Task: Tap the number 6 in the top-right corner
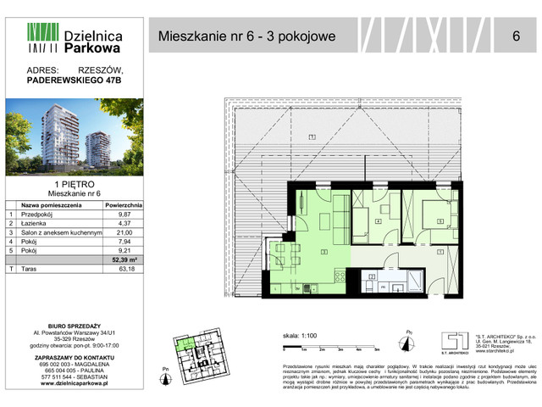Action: click(x=516, y=36)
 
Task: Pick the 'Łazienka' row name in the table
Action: click(x=34, y=223)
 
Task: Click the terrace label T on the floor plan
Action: click(x=312, y=137)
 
